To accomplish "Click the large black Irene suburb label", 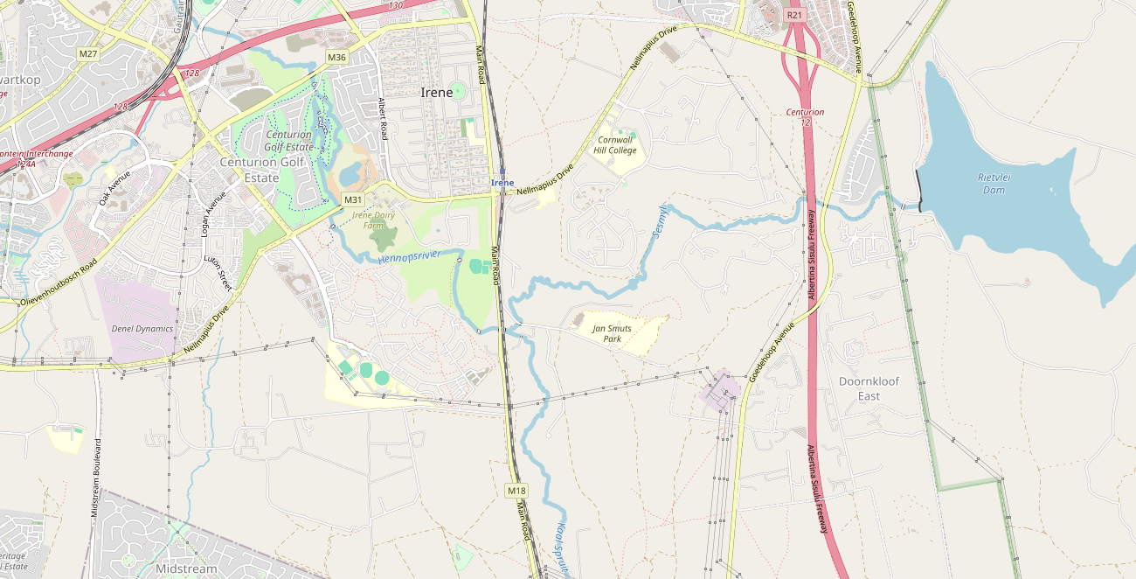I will click(x=437, y=93).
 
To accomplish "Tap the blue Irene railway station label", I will click(x=502, y=183).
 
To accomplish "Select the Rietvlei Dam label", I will click(x=994, y=184).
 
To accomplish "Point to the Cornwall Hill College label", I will click(x=616, y=145).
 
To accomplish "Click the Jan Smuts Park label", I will click(x=612, y=333).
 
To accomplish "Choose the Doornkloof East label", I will click(x=869, y=388).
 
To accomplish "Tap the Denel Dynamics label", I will click(x=142, y=329).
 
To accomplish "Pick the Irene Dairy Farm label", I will click(x=373, y=220).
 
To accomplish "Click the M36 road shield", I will click(x=337, y=58).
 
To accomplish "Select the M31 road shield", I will click(x=353, y=199).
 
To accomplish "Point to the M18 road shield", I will click(x=516, y=491).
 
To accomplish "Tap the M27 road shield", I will click(x=87, y=54).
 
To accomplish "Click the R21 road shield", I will click(x=793, y=15).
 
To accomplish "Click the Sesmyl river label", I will click(x=660, y=222).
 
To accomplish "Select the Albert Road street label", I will click(x=382, y=118).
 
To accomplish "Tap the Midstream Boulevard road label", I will click(x=96, y=478).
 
